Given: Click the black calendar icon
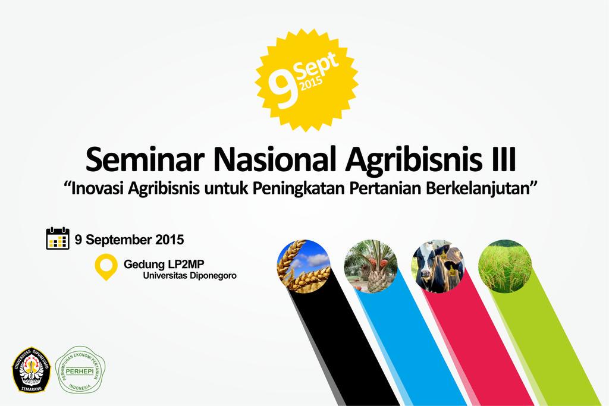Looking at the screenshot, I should [x=58, y=238].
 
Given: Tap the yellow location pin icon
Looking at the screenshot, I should [x=106, y=266].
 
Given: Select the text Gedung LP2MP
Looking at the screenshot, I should [x=168, y=263].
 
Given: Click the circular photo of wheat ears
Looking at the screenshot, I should [x=303, y=266].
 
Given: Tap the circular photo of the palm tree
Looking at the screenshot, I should [x=371, y=266].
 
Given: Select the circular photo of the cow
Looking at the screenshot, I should [x=438, y=266].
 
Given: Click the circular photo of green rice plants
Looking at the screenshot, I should [x=505, y=266].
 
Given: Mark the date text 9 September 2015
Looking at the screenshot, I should [x=130, y=240].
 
